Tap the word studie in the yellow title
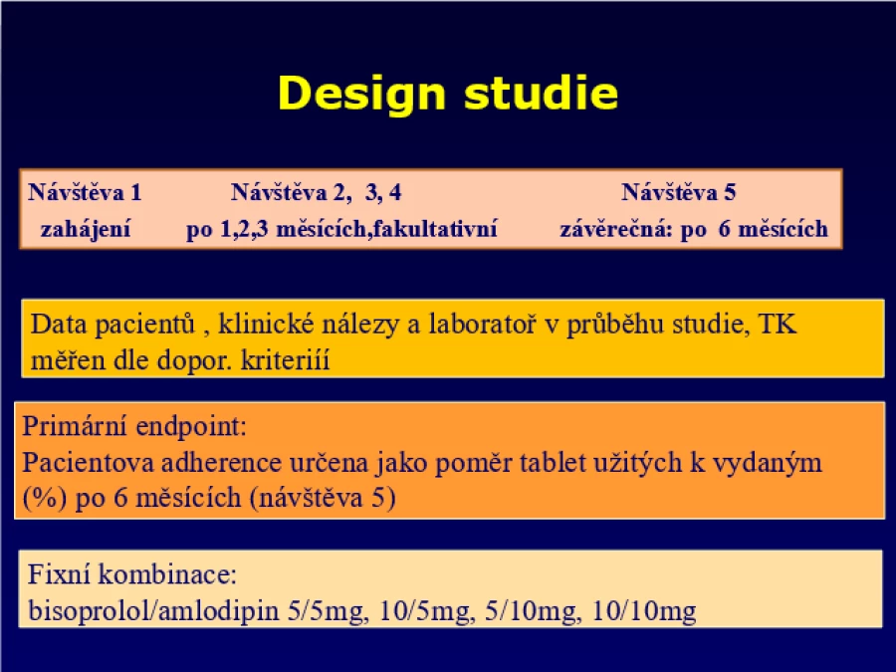[x=542, y=93]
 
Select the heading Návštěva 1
[x=85, y=192]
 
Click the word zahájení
[x=86, y=230]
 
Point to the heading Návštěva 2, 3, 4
[x=316, y=192]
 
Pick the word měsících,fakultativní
[x=387, y=229]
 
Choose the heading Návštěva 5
[x=678, y=192]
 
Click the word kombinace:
[x=167, y=573]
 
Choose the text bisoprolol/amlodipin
[x=153, y=610]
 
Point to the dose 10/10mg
[x=644, y=611]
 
